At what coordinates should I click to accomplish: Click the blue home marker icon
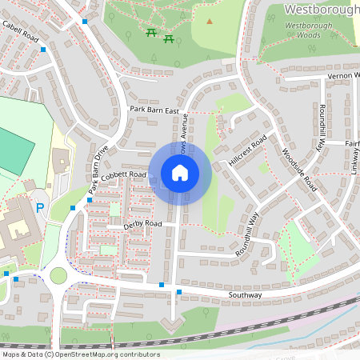pyautogui.click(x=180, y=173)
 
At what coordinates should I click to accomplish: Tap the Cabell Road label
pyautogui.click(x=20, y=36)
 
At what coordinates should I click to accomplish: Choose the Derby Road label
pyautogui.click(x=142, y=225)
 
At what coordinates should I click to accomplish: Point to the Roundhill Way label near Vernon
pyautogui.click(x=323, y=128)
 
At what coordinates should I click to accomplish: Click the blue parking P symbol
pyautogui.click(x=40, y=209)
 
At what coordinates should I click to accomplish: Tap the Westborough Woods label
pyautogui.click(x=308, y=30)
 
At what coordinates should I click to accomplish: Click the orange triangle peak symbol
pyautogui.click(x=210, y=22)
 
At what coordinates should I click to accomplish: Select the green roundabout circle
pyautogui.click(x=58, y=275)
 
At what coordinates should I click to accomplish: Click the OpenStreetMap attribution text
pyautogui.click(x=80, y=354)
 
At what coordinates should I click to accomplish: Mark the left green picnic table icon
pyautogui.click(x=151, y=32)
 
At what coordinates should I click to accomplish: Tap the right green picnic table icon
pyautogui.click(x=169, y=38)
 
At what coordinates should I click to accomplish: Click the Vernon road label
pyautogui.click(x=344, y=76)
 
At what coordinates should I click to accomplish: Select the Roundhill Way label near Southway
pyautogui.click(x=248, y=234)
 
